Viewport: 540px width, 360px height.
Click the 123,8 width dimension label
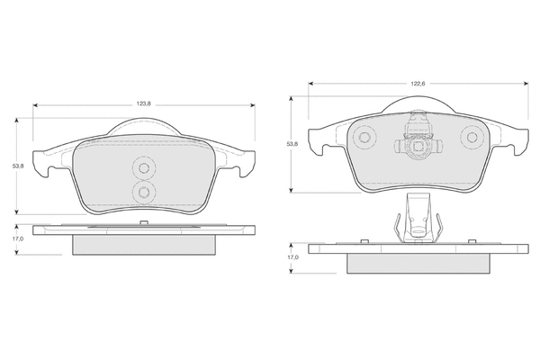(x=144, y=104)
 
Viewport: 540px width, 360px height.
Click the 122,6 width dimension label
(x=418, y=84)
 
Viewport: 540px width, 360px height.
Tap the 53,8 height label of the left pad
(x=18, y=166)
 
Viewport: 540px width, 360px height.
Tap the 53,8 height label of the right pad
(x=292, y=144)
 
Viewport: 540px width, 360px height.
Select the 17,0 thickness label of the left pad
(x=18, y=238)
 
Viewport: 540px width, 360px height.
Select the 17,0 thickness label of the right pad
(x=293, y=257)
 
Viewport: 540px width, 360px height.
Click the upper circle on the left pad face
(x=144, y=168)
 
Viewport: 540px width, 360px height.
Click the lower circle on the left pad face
(x=144, y=191)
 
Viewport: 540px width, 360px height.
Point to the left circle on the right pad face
(x=364, y=138)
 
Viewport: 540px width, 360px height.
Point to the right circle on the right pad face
(x=472, y=138)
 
